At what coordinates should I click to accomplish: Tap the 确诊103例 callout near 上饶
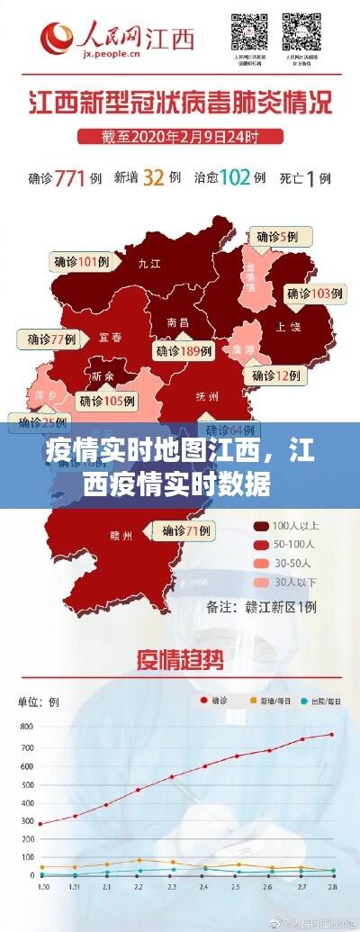click(x=315, y=293)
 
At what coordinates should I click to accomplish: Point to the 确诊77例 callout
click(x=50, y=339)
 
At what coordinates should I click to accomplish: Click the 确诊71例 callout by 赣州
click(x=186, y=531)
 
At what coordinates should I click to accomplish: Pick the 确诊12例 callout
click(x=275, y=376)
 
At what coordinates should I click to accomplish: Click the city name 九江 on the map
click(x=148, y=265)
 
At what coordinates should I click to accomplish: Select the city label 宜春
click(x=110, y=338)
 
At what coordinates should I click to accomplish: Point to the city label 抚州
click(x=206, y=396)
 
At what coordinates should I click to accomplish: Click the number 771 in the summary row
click(x=75, y=177)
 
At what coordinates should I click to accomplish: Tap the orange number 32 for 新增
click(x=153, y=177)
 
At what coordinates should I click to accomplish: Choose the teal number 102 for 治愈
click(x=234, y=177)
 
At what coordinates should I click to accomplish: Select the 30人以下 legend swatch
click(x=261, y=581)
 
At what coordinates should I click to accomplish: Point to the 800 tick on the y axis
click(x=24, y=726)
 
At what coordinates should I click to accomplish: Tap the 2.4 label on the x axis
click(x=205, y=887)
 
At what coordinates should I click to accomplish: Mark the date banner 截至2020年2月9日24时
click(x=179, y=138)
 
